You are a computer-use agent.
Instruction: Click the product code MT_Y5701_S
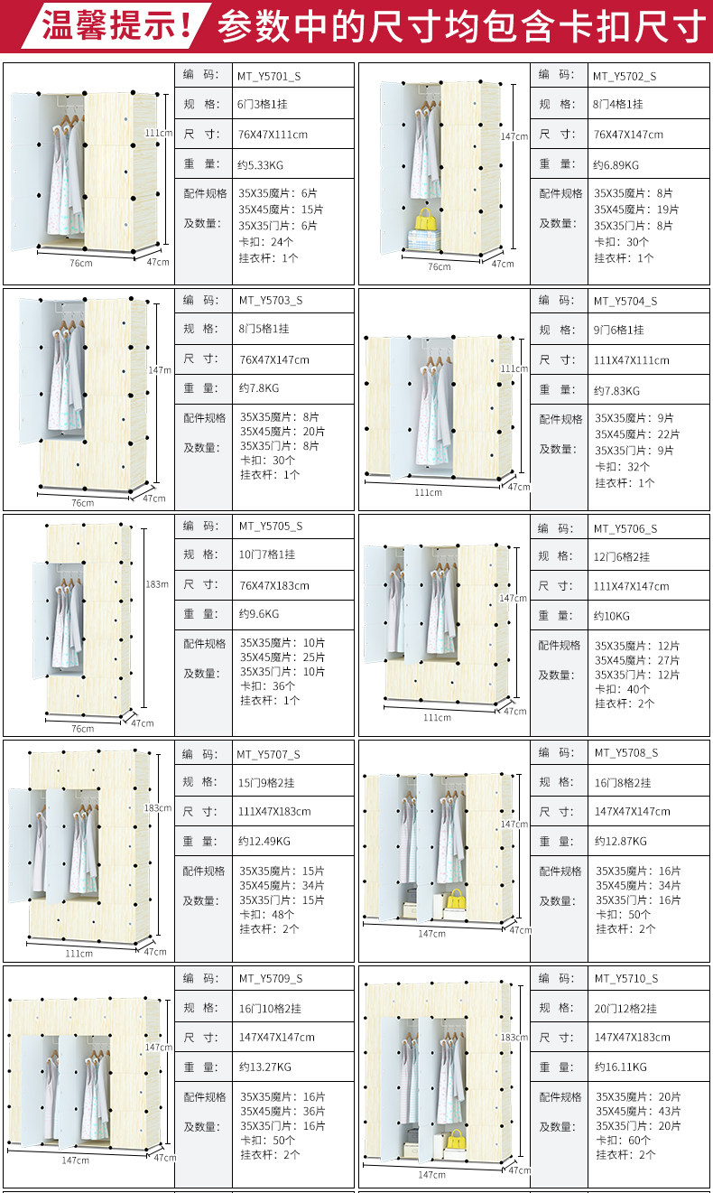269,76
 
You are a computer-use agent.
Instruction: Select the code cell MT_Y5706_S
625,528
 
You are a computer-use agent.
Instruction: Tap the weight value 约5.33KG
261,164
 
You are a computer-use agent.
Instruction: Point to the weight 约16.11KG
621,1067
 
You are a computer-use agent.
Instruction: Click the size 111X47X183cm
274,811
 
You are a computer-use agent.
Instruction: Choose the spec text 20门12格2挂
625,1008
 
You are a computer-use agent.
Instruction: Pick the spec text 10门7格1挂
267,555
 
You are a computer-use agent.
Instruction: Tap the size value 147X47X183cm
632,1038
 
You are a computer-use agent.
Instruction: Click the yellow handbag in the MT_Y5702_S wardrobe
424,219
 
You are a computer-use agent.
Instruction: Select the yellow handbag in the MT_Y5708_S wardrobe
456,899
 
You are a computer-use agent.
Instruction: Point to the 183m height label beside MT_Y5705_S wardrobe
157,584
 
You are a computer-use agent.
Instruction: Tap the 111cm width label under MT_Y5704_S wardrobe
428,492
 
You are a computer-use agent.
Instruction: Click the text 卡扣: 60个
622,1140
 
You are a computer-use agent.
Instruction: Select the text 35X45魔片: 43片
639,1111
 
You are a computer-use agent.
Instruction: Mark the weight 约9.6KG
259,614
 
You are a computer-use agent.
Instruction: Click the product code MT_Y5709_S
271,978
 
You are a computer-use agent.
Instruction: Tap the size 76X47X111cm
273,135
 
